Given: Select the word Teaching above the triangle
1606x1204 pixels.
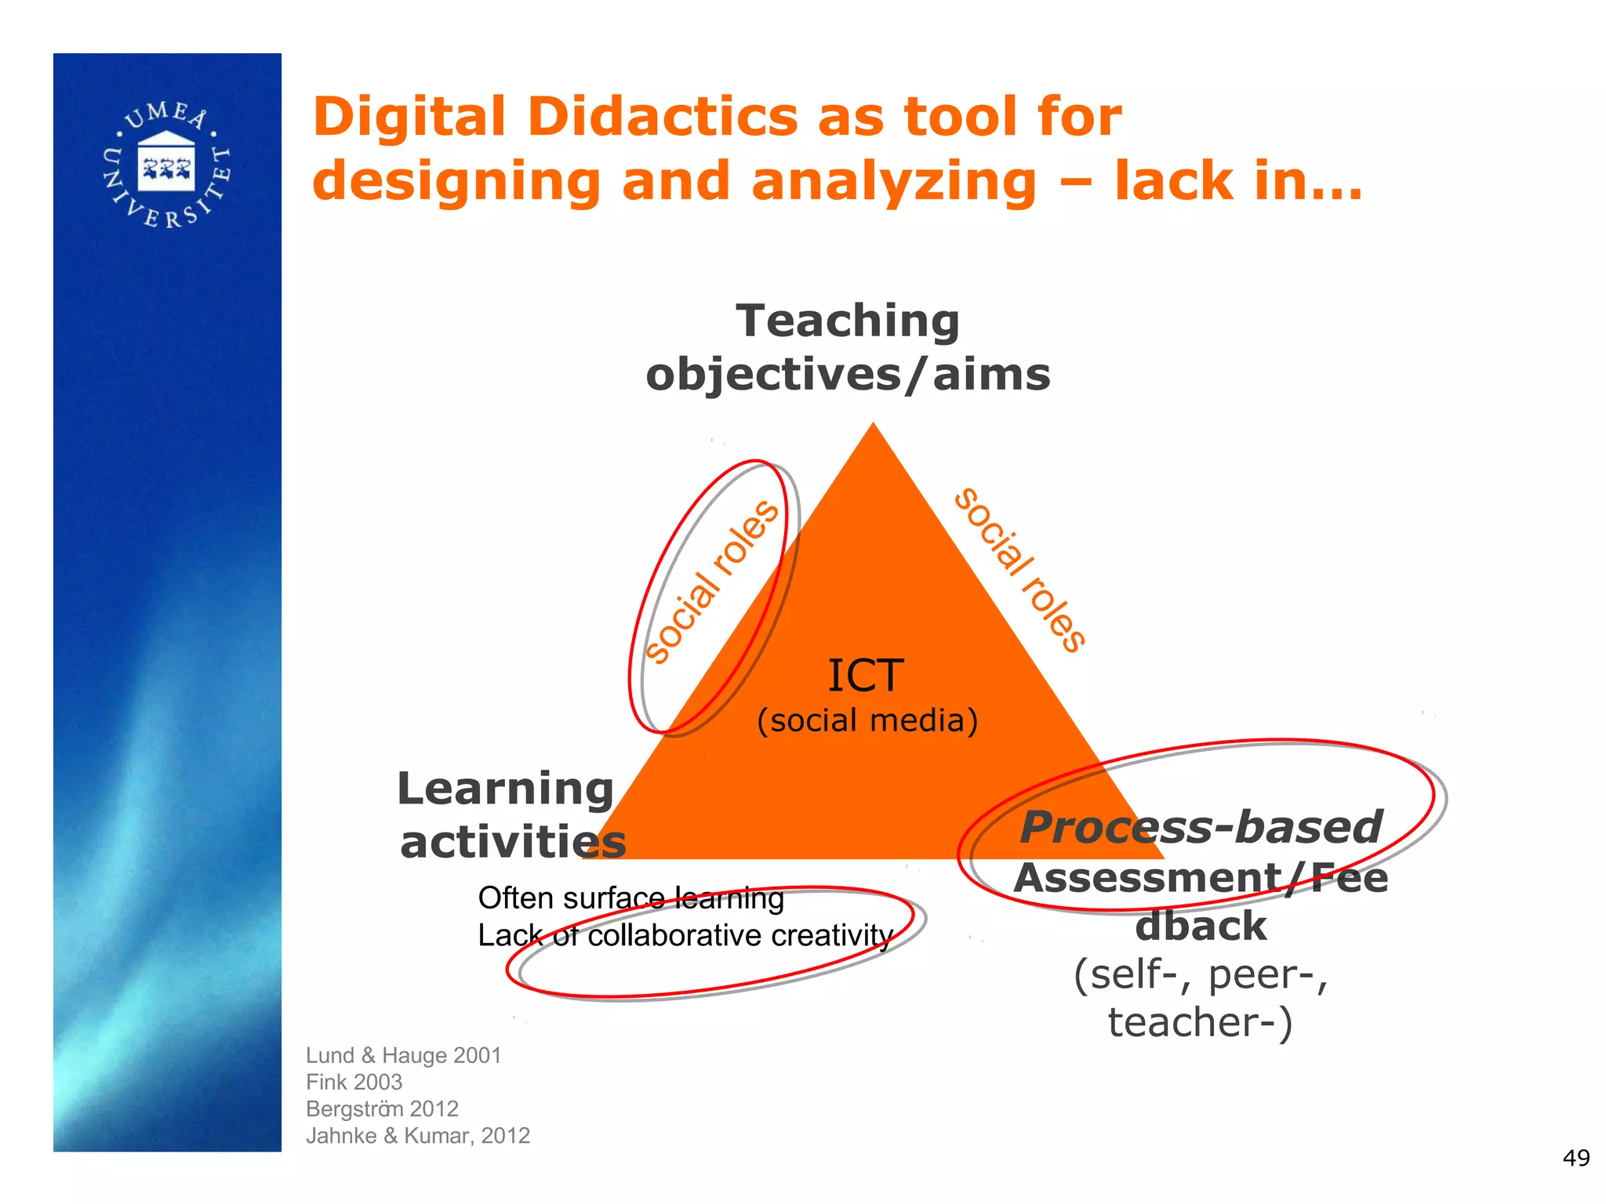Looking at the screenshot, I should point(848,321).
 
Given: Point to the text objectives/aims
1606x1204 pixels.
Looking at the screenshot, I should point(848,375).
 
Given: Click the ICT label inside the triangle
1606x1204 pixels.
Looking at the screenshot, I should point(866,676).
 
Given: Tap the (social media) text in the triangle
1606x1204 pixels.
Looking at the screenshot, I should point(867,720).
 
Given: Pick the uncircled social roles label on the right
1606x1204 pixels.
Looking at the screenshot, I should point(1020,570).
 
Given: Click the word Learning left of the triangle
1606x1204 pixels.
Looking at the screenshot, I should point(506,789).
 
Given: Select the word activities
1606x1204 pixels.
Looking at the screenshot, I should point(513,843).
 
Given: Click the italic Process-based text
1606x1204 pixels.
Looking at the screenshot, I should point(1201,827).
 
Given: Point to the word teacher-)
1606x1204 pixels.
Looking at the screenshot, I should point(1200,1022).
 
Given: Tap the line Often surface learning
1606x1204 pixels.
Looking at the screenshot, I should point(630,898).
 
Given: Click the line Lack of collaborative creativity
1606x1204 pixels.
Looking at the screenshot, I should point(685,935).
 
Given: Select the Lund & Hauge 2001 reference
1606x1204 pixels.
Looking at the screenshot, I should point(403,1055).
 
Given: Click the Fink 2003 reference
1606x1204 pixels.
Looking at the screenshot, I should point(354,1082).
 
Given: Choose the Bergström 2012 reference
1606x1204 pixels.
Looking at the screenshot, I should point(382,1108).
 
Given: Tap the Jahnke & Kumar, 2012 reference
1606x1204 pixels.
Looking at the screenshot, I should point(418,1135).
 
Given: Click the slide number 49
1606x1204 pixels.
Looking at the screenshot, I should point(1576,1158).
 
